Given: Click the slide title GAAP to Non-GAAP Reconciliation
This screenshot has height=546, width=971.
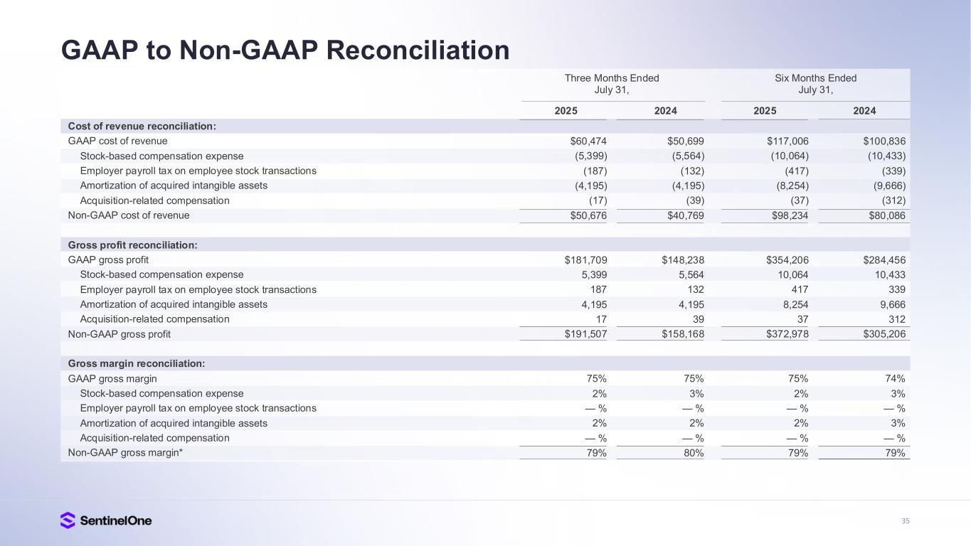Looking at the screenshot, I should (285, 50).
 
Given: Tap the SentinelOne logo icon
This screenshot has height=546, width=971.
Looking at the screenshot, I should (68, 520).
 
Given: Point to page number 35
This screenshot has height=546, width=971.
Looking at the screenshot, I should (905, 521).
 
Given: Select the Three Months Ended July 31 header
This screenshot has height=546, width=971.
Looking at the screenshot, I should (612, 84).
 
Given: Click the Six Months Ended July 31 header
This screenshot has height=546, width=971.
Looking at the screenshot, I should (815, 84).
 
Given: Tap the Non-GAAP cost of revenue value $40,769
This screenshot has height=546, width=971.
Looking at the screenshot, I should (682, 215).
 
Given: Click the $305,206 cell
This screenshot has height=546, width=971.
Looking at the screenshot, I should (882, 333).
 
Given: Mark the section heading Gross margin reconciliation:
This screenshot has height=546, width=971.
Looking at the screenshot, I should (137, 363).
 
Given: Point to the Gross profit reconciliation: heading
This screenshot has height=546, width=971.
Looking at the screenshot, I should (132, 245).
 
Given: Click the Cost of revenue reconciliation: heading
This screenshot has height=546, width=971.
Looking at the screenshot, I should (142, 126).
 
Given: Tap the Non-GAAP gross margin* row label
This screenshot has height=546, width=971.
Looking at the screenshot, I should (125, 452).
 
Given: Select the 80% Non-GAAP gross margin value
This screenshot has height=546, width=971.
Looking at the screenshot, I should (693, 452).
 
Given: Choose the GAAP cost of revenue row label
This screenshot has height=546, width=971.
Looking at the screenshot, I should (117, 141).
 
